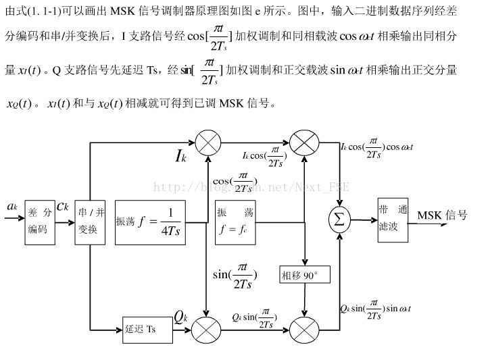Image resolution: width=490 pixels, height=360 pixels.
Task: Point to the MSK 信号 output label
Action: [442, 215]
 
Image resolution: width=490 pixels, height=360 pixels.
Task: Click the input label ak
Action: [12, 205]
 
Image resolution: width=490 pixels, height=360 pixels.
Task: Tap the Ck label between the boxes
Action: [62, 205]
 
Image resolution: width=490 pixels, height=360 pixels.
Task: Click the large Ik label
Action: [180, 157]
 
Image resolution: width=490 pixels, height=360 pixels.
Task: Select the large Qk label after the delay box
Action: [180, 316]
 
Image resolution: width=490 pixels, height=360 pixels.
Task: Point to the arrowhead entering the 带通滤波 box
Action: [373, 219]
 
